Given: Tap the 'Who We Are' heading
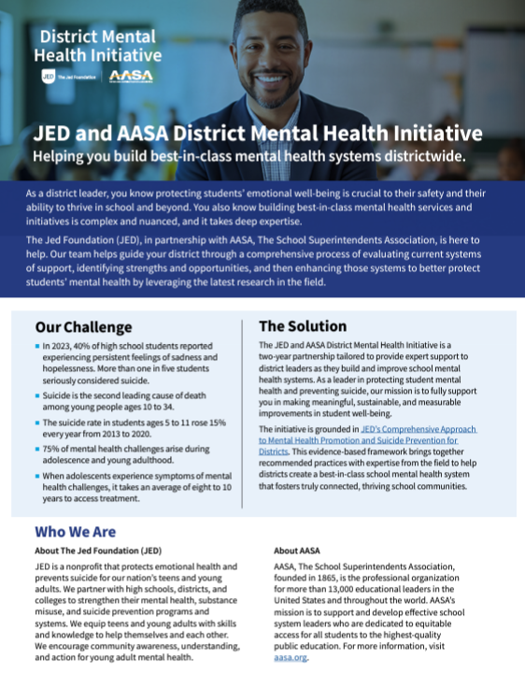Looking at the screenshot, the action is tap(75, 532).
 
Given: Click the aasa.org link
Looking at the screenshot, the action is tap(291, 657).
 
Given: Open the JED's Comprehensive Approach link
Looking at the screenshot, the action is tap(406, 428).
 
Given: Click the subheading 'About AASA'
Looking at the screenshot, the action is tap(300, 551).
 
